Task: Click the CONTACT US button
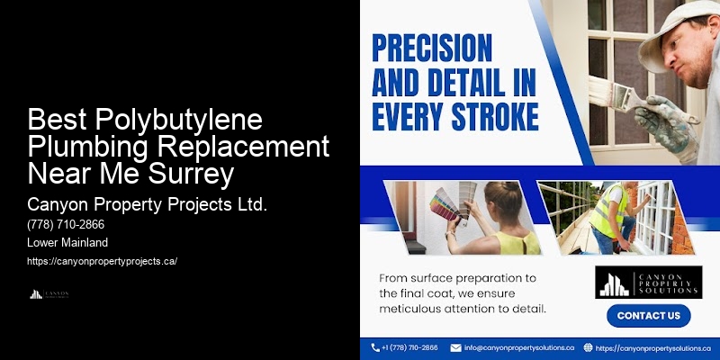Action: (648, 316)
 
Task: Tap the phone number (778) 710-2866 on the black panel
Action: (66, 225)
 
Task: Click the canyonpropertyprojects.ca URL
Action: (102, 261)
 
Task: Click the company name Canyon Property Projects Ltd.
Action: (148, 204)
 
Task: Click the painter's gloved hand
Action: (666, 121)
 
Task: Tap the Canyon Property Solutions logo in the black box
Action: (647, 282)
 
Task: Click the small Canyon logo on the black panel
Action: (49, 294)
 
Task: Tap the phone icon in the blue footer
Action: (375, 347)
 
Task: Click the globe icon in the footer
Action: (589, 347)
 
